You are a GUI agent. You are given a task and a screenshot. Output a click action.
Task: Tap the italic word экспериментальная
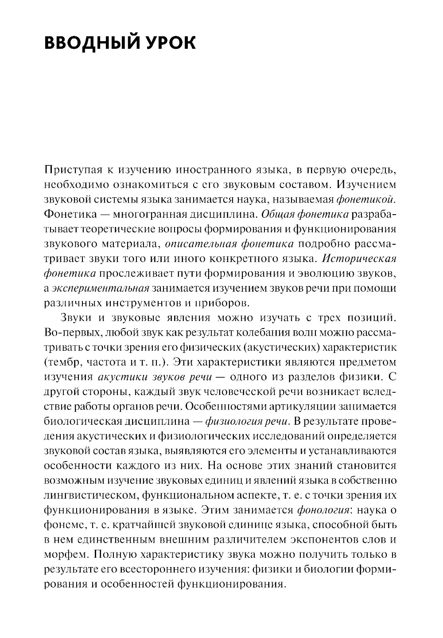(100, 289)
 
